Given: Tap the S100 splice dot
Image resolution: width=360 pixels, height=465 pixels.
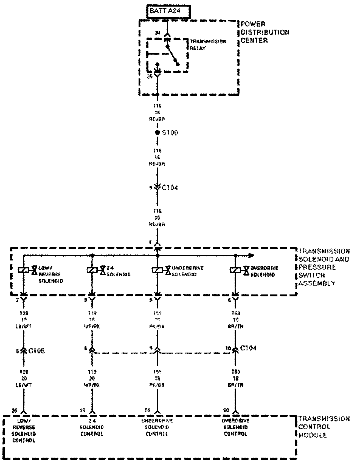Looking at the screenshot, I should pyautogui.click(x=157, y=133).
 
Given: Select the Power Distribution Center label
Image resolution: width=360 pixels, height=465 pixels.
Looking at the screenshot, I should pyautogui.click(x=265, y=32).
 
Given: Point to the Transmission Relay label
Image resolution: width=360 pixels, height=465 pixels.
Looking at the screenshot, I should pyautogui.click(x=208, y=45).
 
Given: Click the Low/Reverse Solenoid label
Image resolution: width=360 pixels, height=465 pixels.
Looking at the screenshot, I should pyautogui.click(x=50, y=274).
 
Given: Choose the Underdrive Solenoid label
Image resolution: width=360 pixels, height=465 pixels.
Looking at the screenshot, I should pyautogui.click(x=188, y=271).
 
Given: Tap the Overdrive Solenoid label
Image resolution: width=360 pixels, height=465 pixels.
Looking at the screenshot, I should pyautogui.click(x=264, y=271).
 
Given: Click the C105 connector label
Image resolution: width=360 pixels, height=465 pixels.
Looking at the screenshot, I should pyautogui.click(x=36, y=351).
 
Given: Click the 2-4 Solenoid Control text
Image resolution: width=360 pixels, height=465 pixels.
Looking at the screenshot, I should pyautogui.click(x=92, y=427).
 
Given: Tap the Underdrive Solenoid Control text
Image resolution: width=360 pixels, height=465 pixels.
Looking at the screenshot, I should pyautogui.click(x=157, y=427).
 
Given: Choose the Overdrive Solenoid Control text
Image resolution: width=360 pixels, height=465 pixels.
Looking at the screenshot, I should pyautogui.click(x=235, y=427).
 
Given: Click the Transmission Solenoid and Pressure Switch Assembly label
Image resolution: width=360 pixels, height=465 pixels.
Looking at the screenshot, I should pyautogui.click(x=324, y=267).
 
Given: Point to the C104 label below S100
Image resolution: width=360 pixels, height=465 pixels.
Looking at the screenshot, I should pyautogui.click(x=170, y=188).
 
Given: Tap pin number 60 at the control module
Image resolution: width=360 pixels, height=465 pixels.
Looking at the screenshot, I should pyautogui.click(x=226, y=410).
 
